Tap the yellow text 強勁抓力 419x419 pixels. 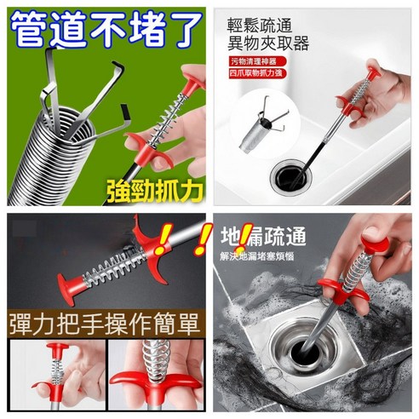(154, 188)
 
